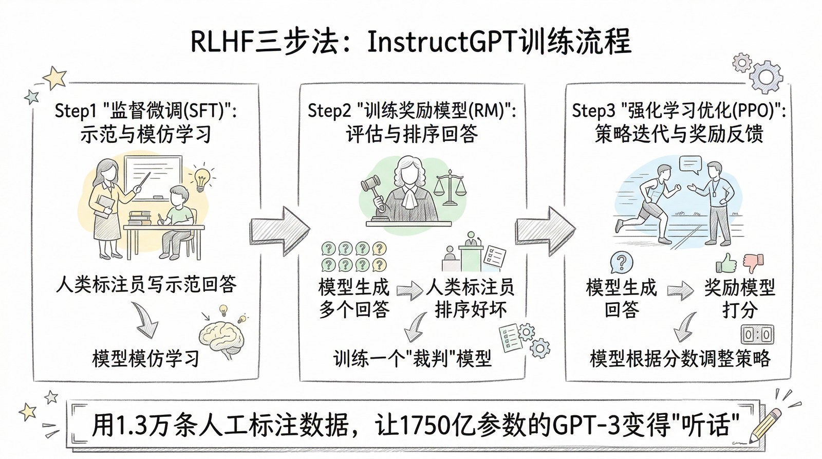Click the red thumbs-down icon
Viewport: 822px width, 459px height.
pos(753,263)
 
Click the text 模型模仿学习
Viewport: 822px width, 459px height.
pos(146,358)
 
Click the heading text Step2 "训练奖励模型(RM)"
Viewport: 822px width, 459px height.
pos(411,111)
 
